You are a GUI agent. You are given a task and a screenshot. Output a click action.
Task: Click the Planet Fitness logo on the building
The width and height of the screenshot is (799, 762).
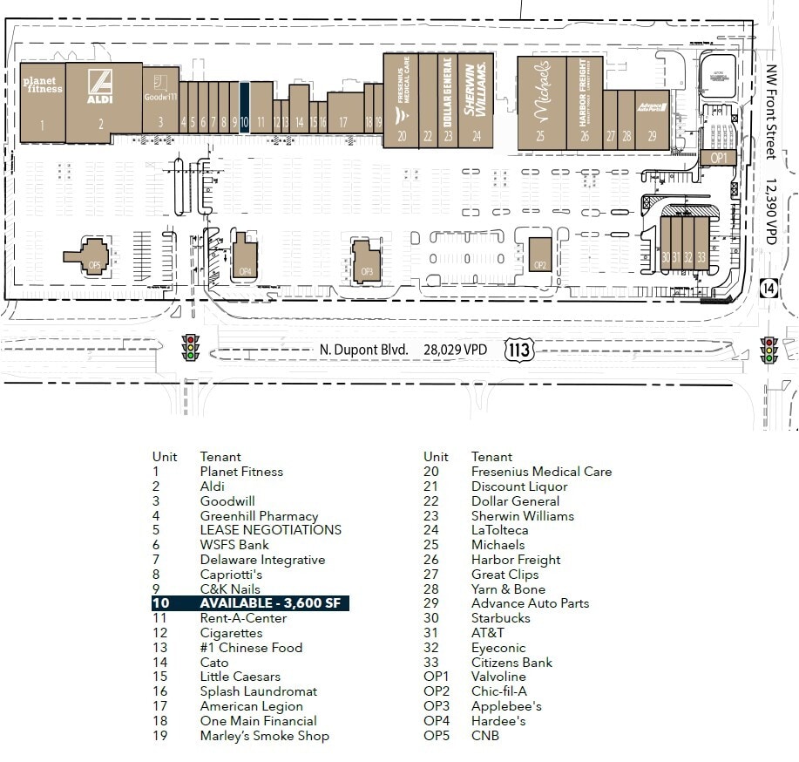pos(42,85)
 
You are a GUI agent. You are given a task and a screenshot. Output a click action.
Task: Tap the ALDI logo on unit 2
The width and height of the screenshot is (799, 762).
pos(101,86)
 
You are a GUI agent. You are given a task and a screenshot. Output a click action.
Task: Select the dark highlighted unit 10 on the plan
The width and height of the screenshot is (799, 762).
pos(245,106)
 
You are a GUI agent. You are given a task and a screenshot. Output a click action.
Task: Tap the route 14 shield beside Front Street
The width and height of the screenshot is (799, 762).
pos(768,288)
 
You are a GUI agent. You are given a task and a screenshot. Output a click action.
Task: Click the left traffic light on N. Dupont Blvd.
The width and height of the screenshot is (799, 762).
pos(189,349)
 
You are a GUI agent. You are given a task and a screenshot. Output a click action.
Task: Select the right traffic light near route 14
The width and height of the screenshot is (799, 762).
pos(769,350)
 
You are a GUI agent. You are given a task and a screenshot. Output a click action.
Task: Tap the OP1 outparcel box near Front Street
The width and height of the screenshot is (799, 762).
pos(718,158)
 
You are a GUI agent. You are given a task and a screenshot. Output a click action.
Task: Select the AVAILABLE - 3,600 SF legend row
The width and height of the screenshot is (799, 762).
pos(251,603)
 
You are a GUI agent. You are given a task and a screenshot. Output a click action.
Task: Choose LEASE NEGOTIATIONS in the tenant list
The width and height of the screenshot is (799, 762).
pos(270,530)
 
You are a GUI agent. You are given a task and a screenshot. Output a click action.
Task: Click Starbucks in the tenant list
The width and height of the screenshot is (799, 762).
pos(500,618)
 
